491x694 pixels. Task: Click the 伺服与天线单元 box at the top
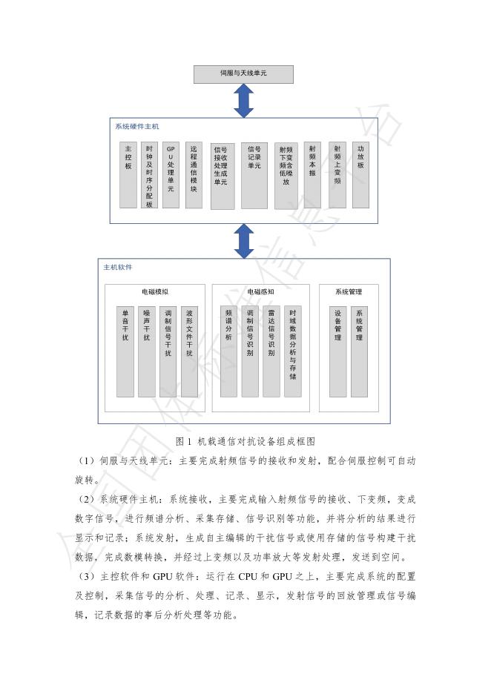(243, 74)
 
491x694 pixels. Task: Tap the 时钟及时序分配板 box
(149, 174)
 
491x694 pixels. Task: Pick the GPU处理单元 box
(171, 174)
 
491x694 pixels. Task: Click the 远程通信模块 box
(193, 174)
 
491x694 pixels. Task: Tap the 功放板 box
(360, 174)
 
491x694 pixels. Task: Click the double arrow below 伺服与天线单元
(243, 101)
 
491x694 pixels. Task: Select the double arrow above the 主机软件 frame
(243, 240)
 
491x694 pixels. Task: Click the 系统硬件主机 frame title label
(136, 127)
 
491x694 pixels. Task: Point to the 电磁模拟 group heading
(154, 292)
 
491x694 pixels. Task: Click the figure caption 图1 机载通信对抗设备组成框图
(245, 440)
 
